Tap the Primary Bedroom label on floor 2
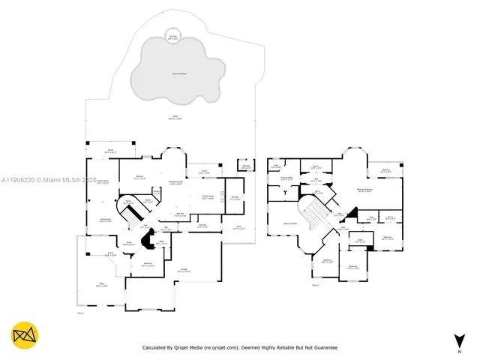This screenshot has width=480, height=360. [x=366, y=190]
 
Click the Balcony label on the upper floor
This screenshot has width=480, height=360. [x=385, y=171]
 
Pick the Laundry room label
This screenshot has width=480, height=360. [x=202, y=225]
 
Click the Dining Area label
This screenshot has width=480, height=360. [x=102, y=181]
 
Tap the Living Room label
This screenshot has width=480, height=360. [x=106, y=220]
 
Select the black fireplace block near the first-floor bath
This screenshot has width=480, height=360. [x=149, y=242]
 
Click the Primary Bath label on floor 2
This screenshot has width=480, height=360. [x=286, y=178]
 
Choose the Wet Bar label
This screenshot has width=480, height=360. [x=180, y=214]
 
